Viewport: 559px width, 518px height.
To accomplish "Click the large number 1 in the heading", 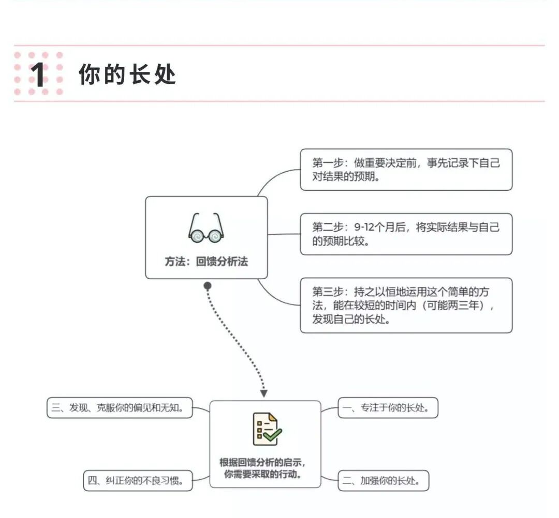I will pyautogui.click(x=38, y=75).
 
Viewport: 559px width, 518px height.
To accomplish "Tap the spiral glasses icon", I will pyautogui.click(x=206, y=229).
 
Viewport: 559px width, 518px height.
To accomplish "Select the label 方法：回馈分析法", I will pyautogui.click(x=206, y=262).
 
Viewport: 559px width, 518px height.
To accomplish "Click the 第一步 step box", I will pyautogui.click(x=406, y=170).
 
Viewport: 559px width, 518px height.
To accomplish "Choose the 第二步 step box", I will pyautogui.click(x=406, y=234).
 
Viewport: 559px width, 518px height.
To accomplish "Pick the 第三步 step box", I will pyautogui.click(x=406, y=305).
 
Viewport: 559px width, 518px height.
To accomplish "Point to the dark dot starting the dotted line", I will pyautogui.click(x=208, y=285).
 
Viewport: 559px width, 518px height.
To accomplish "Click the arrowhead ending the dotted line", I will pyautogui.click(x=264, y=393).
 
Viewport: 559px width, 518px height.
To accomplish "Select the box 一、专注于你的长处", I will pyautogui.click(x=388, y=408).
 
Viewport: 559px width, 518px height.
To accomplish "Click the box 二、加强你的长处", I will pyautogui.click(x=384, y=481).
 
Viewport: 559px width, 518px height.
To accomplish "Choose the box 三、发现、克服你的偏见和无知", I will pyautogui.click(x=120, y=408).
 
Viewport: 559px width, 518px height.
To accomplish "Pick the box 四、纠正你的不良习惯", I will pyautogui.click(x=138, y=481).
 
